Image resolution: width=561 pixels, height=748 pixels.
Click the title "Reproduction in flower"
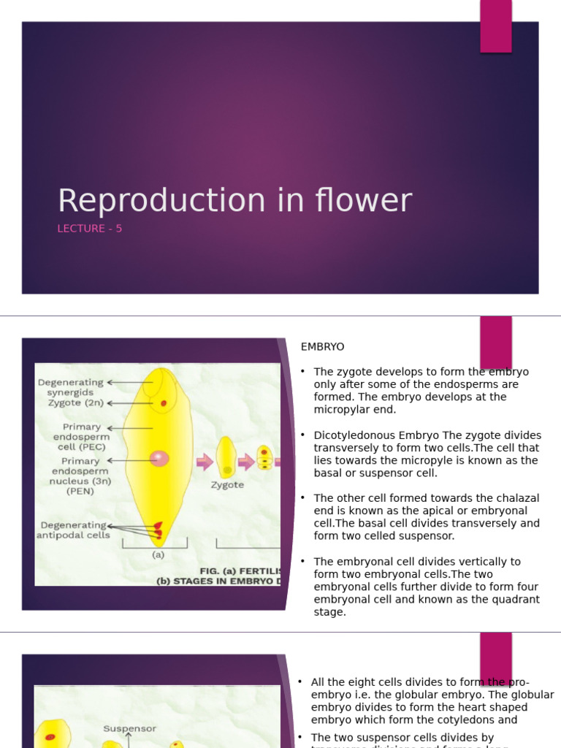coord(234,201)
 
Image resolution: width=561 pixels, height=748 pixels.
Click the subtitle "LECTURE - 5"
coord(90,229)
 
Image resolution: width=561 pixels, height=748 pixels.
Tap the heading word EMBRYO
coord(322,346)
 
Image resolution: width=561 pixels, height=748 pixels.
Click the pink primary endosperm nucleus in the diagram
coord(159,458)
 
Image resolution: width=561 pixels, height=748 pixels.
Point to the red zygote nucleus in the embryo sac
coord(164,402)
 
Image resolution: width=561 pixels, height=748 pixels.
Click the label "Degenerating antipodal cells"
coord(73,530)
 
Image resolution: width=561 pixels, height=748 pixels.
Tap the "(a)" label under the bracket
coord(157,554)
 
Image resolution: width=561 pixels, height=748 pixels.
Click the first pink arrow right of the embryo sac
coord(205,462)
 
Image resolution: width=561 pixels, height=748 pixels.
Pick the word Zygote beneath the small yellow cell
coord(227,484)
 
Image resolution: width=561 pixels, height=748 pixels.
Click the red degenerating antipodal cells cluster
coord(158,530)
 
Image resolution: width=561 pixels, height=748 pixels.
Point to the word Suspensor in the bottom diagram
coord(129,728)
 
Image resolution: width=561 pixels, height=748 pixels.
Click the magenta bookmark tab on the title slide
coord(495,26)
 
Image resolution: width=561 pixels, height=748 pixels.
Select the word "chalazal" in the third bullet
coord(519,498)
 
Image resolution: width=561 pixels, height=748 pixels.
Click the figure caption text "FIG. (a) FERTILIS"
coord(240,569)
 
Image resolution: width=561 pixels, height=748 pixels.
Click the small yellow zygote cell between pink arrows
coord(226,457)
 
